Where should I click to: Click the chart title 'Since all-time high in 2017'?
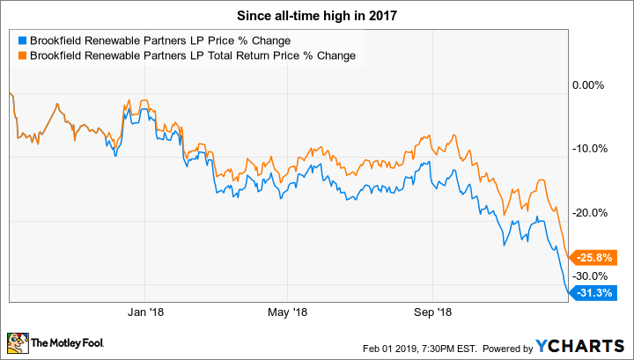pos(317,14)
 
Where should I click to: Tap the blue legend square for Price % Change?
pos(22,40)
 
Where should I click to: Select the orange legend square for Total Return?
pos(22,55)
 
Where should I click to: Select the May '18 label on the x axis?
pos(287,312)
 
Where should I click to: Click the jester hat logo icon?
pos(17,342)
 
